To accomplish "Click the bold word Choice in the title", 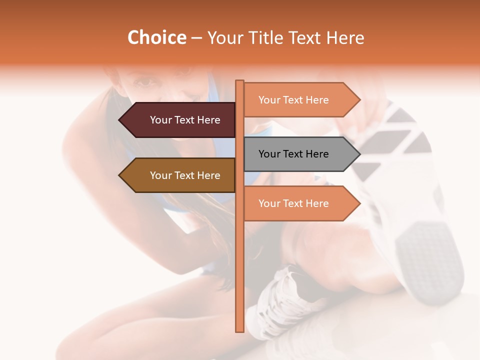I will (156, 38).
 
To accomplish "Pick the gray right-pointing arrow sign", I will (297, 154).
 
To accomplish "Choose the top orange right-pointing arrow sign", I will (297, 100).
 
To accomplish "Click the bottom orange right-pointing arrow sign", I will (297, 203).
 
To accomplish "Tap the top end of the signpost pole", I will (239, 81).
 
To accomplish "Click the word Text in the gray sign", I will (293, 154).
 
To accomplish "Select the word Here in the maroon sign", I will (208, 120).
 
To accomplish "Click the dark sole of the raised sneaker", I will (430, 260).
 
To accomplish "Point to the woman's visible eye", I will (145, 80).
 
